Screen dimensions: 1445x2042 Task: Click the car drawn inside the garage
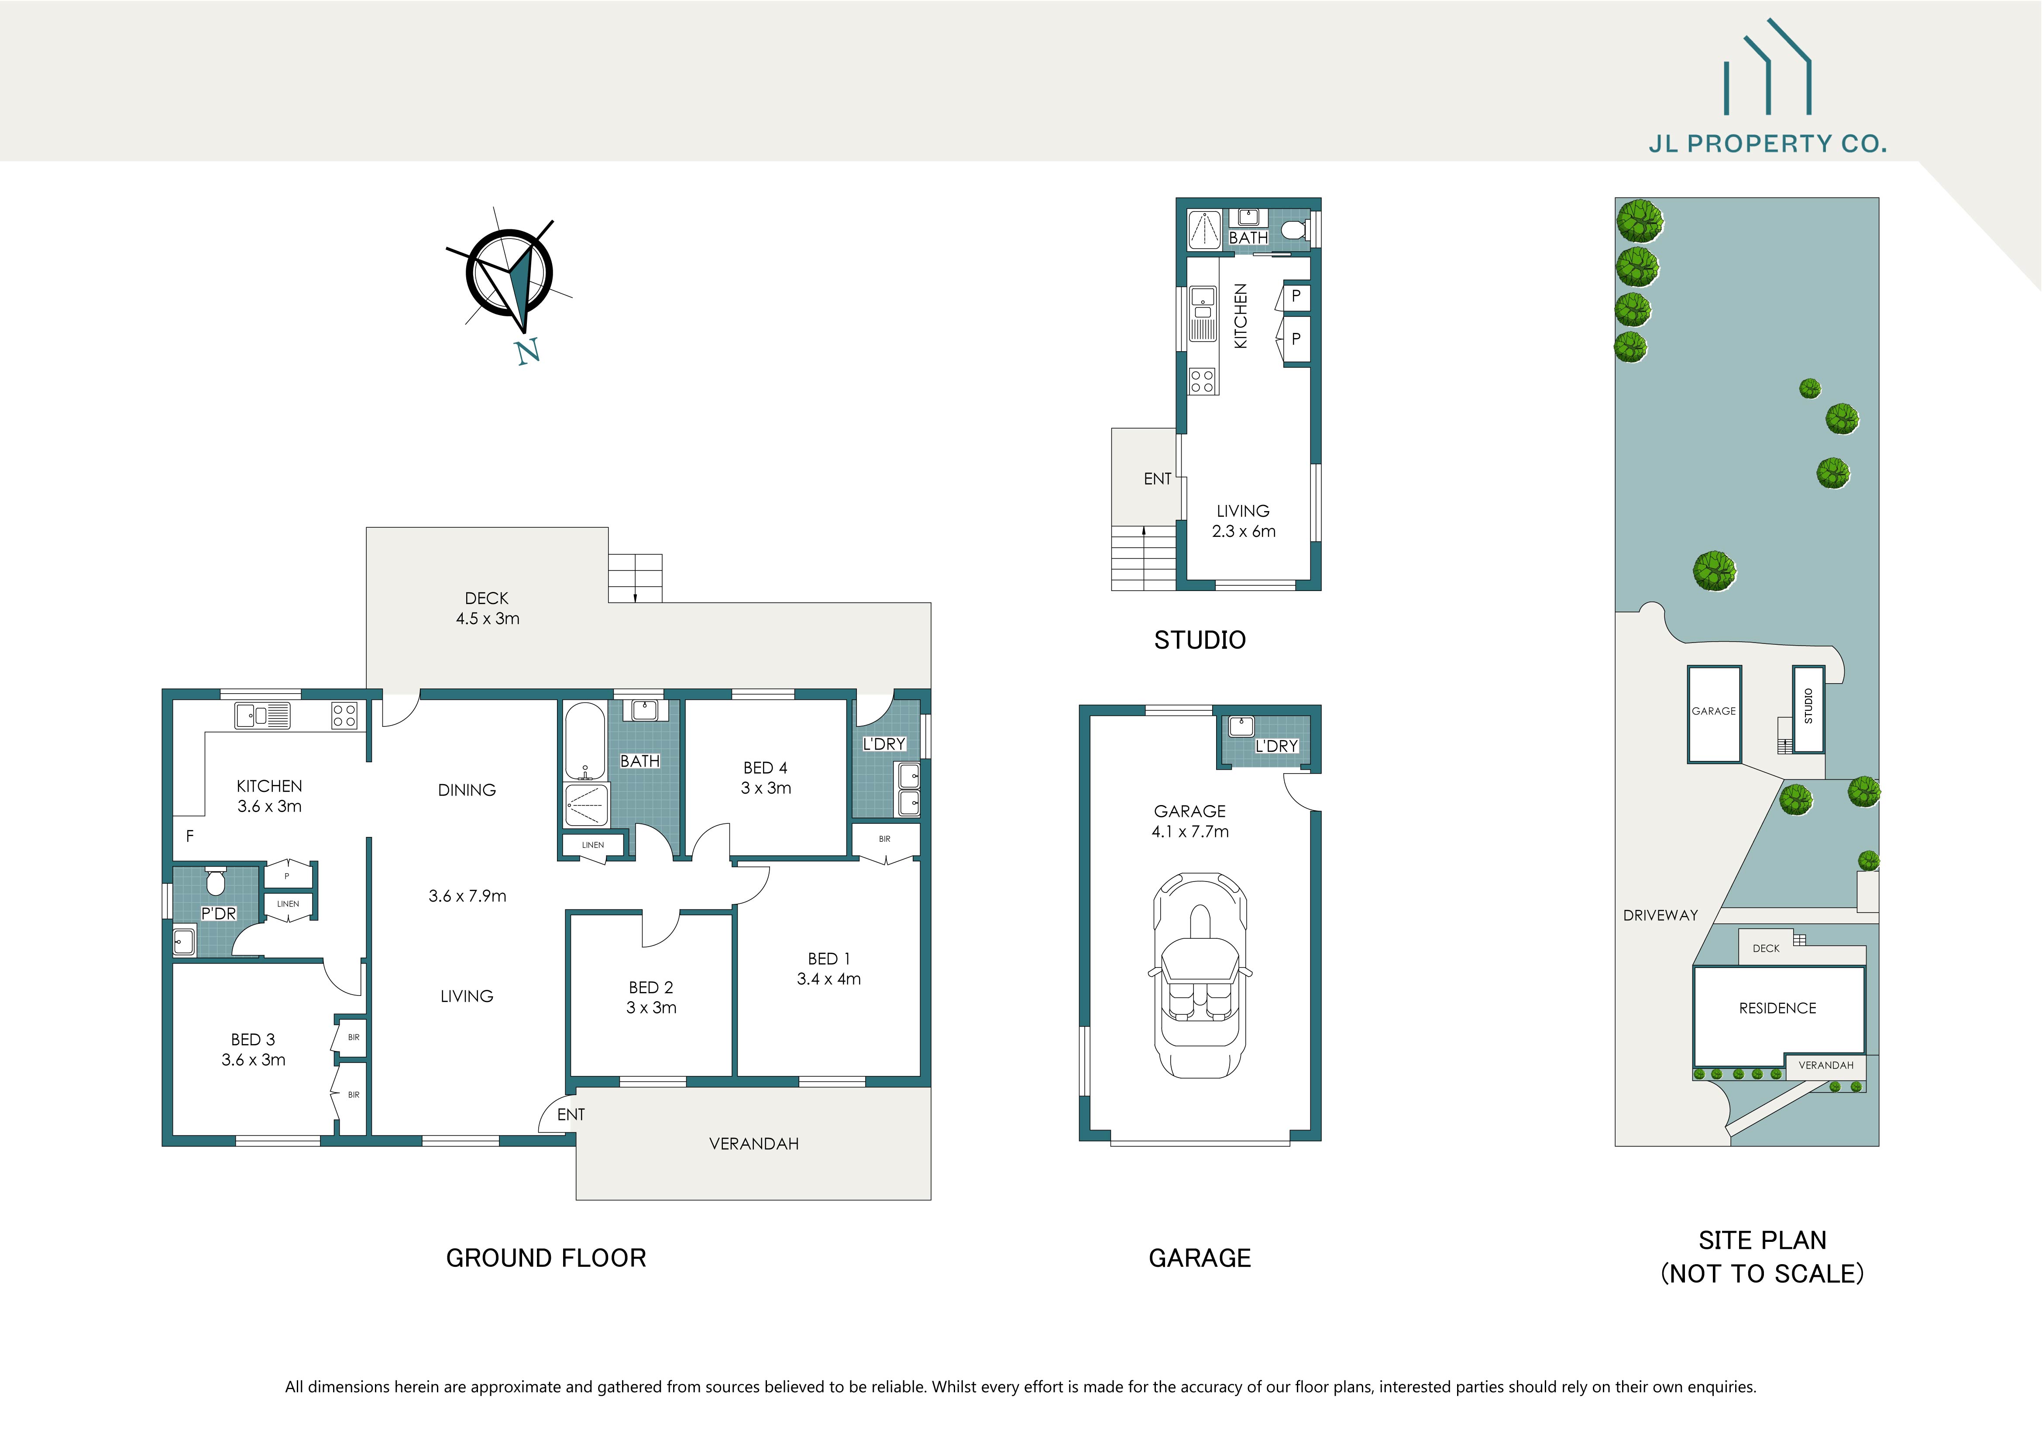[x=1200, y=974]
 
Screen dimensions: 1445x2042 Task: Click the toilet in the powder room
[x=215, y=882]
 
